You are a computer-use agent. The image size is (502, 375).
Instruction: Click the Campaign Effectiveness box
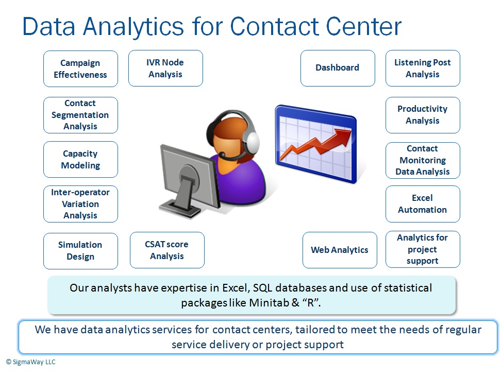click(80, 69)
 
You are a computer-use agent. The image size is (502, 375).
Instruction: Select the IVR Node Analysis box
click(165, 68)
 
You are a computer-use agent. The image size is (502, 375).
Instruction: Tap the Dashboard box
click(338, 68)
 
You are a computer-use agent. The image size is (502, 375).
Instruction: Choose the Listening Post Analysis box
click(423, 68)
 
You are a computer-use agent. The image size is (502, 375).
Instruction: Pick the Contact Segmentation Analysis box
click(80, 115)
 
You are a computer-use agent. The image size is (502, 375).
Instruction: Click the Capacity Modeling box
click(80, 160)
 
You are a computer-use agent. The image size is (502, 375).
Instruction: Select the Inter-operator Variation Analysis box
click(80, 204)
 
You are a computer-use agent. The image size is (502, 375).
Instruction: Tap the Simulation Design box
click(80, 251)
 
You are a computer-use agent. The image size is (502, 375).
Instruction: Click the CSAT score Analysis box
click(167, 250)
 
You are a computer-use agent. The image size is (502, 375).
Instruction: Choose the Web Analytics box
click(340, 250)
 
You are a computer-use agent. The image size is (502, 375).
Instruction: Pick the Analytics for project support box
click(423, 249)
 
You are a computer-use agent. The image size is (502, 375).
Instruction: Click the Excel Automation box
click(423, 204)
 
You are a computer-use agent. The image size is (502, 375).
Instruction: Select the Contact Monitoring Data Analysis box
click(423, 160)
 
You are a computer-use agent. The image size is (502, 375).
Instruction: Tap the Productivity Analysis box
click(423, 115)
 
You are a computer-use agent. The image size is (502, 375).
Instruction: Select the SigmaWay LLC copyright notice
click(31, 362)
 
